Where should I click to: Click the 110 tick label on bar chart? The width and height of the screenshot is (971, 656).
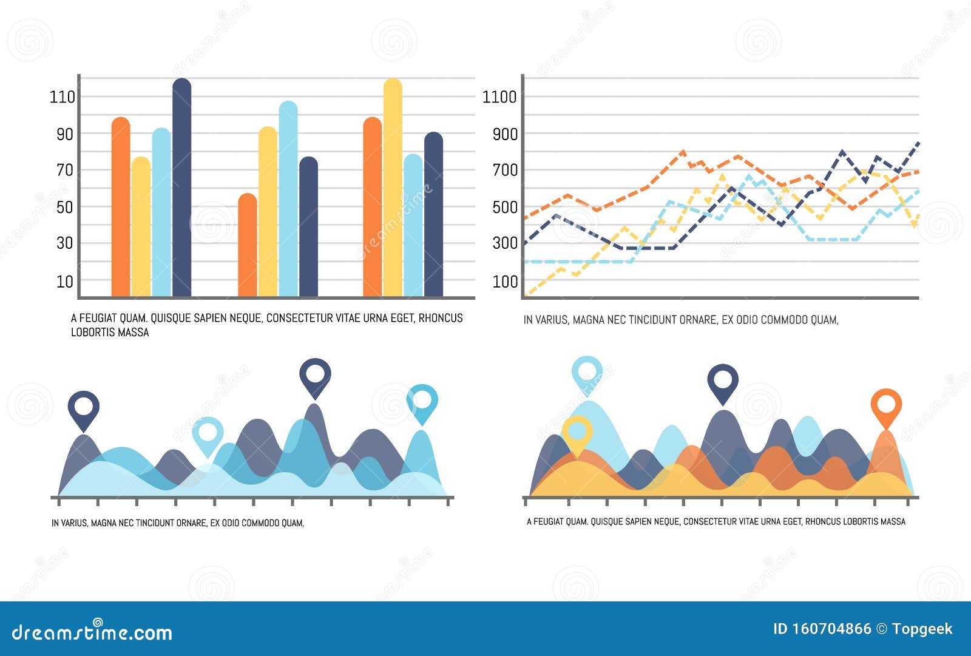[x=63, y=97]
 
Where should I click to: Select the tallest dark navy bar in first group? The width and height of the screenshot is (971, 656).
[x=181, y=188]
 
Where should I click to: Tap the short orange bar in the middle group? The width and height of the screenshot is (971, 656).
[x=247, y=246]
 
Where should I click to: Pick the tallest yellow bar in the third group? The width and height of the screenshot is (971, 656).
[x=393, y=188]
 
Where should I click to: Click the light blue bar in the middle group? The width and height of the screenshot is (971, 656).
[x=288, y=200]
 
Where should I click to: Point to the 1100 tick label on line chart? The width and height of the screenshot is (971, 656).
[x=499, y=97]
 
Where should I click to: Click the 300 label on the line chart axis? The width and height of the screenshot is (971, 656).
[x=505, y=243]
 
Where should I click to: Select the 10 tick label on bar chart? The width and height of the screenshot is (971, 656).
[x=65, y=282]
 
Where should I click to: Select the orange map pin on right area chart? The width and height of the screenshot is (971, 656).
[x=886, y=405]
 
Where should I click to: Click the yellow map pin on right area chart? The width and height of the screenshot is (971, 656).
[x=577, y=433]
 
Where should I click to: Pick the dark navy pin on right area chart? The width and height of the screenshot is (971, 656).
[x=723, y=382]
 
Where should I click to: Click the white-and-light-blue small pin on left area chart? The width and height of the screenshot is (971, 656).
[x=208, y=435]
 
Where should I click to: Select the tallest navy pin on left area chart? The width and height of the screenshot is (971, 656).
[x=315, y=376]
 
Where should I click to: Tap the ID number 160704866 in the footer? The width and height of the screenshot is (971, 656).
[x=831, y=629]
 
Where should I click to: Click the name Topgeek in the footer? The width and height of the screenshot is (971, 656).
[x=922, y=629]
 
